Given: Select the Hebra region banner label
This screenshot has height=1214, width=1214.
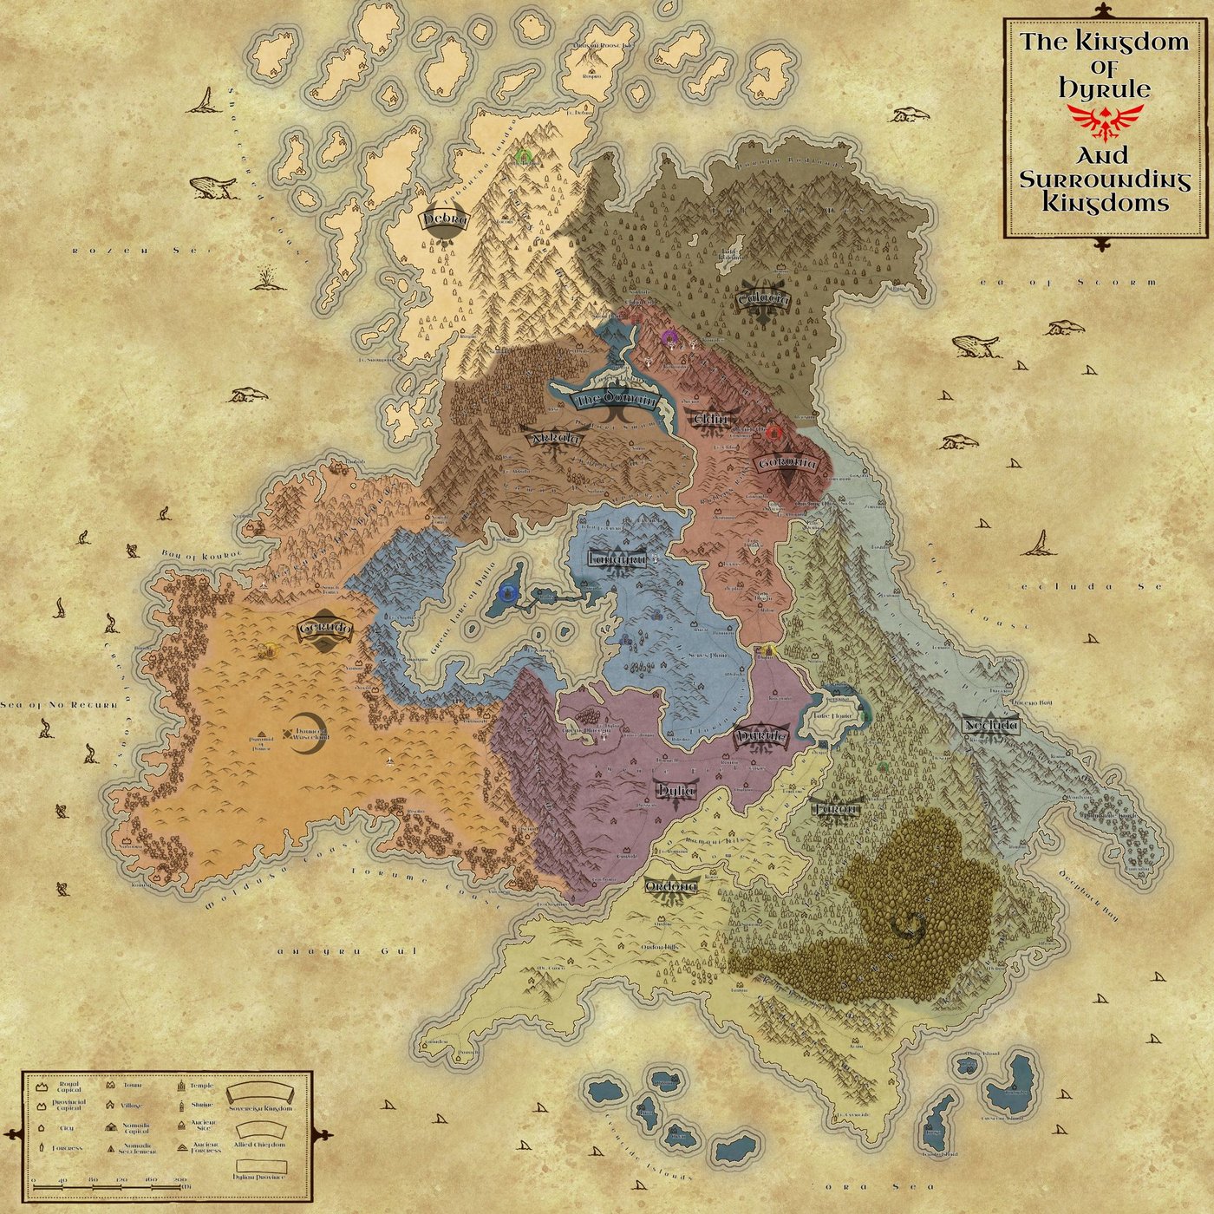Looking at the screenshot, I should coord(445,219).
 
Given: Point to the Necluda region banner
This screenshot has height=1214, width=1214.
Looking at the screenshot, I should coord(991,725).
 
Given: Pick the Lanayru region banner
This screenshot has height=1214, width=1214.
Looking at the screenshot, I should coord(617,559).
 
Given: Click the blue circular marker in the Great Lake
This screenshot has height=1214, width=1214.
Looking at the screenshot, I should coord(508,593).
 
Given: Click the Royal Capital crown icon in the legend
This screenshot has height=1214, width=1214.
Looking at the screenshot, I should coord(42,1086).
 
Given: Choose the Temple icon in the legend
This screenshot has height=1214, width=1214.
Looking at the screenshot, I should coord(182,1086).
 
